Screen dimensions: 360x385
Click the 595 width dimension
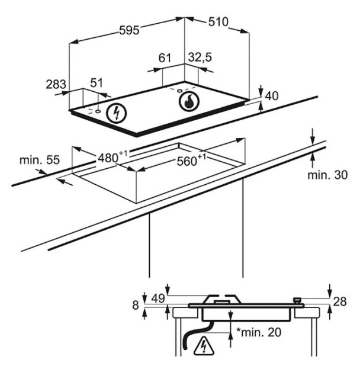coord(129,30)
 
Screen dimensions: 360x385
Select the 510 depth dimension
coord(218,22)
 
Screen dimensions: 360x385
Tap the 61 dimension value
coord(165,58)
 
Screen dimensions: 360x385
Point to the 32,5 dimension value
coord(200,57)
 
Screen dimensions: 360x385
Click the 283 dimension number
coord(56,84)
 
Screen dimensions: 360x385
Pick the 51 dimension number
coord(97,83)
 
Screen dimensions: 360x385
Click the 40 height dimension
coord(272,96)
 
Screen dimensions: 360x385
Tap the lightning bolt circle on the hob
coord(116,114)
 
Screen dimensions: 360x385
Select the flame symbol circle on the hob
coord(189,101)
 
